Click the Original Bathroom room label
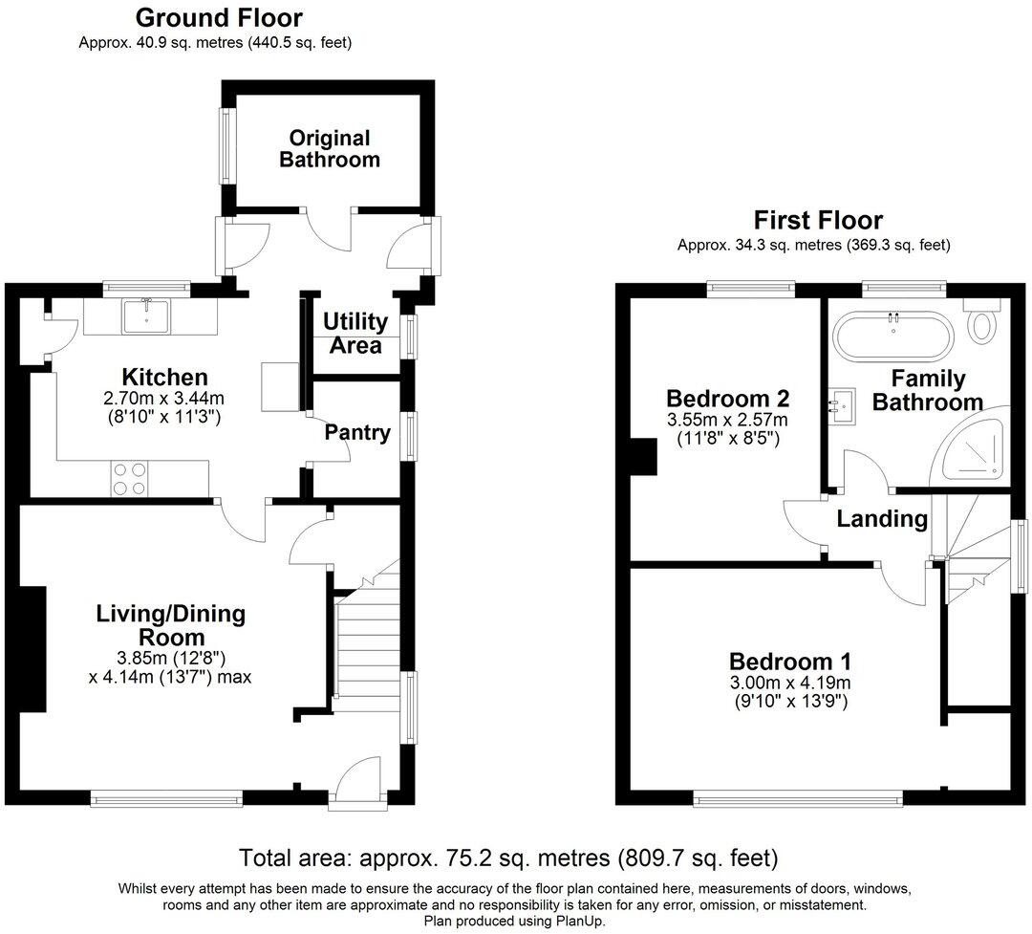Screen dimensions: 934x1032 click(329, 149)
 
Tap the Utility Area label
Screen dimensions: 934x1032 click(355, 333)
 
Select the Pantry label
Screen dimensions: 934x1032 click(357, 433)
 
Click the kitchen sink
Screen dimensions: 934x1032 click(146, 315)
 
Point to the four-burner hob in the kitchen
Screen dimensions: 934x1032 click(130, 478)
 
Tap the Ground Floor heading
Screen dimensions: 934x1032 click(219, 18)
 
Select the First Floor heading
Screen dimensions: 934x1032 click(818, 221)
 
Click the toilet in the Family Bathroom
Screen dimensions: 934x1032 click(981, 325)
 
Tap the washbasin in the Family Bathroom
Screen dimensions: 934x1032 click(843, 406)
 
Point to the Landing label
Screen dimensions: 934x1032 click(882, 519)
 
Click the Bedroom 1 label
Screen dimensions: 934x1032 click(790, 661)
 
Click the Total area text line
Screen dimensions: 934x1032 click(508, 857)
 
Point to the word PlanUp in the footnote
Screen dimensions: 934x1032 click(587, 921)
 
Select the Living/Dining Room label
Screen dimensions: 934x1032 click(170, 625)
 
